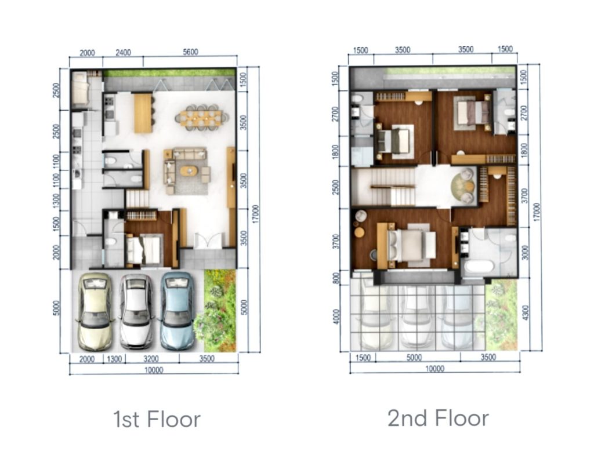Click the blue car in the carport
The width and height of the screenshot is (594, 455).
pos(177,311)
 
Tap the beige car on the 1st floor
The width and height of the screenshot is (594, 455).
pos(95,311)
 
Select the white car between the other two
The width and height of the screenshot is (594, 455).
pos(136,311)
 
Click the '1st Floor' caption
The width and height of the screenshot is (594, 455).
pos(157,420)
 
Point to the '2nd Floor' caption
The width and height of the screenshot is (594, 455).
pos(438,418)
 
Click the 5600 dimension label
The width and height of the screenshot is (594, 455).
pos(190,52)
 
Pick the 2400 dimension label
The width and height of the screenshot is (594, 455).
pos(123,53)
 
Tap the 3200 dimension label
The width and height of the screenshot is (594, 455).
pos(151,358)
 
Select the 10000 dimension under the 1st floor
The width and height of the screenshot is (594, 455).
pos(153,370)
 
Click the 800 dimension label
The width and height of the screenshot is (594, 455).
pos(336,278)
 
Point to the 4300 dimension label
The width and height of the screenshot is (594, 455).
pos(525,312)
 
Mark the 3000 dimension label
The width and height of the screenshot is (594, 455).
pos(524,253)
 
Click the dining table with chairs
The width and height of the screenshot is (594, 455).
pos(201,117)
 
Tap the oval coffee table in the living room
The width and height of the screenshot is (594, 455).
pos(189,171)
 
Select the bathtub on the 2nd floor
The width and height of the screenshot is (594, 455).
pos(479,265)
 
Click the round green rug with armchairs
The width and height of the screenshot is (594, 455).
pos(463,185)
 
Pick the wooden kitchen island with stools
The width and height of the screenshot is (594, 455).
pos(144,113)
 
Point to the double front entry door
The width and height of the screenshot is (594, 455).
pos(208,241)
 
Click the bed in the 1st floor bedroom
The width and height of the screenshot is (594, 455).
pos(143,249)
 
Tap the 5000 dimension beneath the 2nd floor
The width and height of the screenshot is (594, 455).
pos(414,358)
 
